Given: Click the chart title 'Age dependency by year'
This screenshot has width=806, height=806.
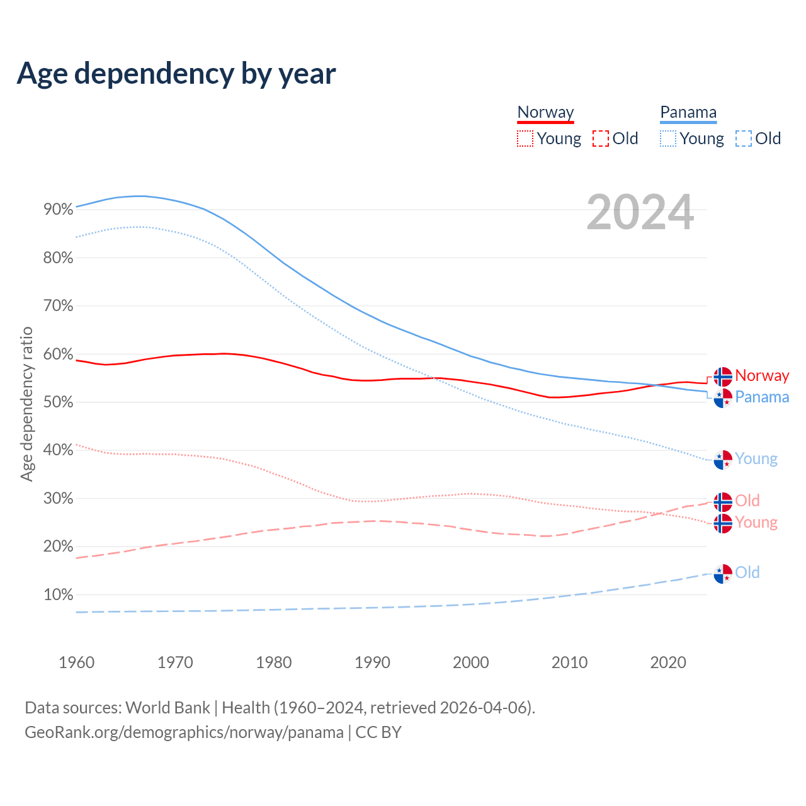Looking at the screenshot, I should point(176,74).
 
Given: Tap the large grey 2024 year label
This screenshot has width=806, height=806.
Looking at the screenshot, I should point(640,213).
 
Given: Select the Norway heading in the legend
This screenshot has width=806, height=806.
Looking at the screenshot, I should point(545,113).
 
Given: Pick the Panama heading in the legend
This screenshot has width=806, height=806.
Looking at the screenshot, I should point(688,113).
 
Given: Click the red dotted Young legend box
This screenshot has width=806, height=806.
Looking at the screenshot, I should point(525,139).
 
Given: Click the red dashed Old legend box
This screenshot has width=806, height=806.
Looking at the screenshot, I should point(601,139).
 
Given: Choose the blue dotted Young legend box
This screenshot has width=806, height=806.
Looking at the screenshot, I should point(668,139).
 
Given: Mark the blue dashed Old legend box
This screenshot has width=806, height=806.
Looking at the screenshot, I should point(744,139).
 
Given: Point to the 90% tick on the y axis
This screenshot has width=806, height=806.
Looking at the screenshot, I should point(59,210).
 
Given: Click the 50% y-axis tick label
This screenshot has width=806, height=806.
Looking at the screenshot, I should point(59,402).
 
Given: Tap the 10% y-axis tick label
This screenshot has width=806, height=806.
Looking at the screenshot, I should point(59,595).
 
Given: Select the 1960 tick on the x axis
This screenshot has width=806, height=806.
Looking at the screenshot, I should point(76,662).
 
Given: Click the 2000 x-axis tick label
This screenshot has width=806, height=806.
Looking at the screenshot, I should point(471,662).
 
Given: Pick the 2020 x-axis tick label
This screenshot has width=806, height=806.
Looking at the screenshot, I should point(668,662).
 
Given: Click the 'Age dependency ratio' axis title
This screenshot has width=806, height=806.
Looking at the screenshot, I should point(26,404).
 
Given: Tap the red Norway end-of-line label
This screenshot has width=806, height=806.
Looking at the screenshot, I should point(762,376).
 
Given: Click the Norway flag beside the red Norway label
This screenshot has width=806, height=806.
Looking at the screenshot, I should point(723,377).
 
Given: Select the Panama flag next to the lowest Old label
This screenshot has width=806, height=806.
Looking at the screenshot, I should point(723,574).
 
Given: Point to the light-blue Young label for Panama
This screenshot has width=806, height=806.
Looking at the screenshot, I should point(756,459).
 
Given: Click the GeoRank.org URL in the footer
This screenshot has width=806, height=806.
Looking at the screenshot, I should point(184,732).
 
